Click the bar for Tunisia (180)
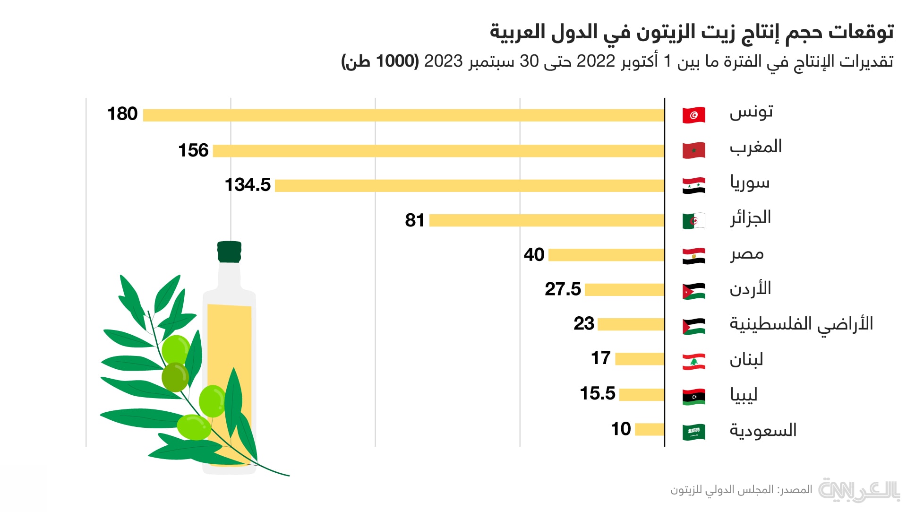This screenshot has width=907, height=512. point(403,115)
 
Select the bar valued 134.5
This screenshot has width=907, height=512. point(470,186)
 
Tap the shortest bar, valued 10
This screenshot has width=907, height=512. point(650,429)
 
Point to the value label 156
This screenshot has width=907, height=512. point(193,150)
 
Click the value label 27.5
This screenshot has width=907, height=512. point(563,289)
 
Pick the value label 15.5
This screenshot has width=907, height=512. point(598,393)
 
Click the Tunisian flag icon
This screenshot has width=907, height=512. point(693,115)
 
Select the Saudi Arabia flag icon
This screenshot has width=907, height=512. point(693,432)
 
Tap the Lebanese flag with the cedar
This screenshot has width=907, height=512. point(693,362)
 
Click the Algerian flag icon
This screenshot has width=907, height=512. point(693,220)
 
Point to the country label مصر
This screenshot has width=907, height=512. point(747,254)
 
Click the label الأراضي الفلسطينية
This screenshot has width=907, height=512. point(801,324)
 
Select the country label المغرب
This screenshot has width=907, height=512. point(755,147)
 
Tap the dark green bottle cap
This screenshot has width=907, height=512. point(230,252)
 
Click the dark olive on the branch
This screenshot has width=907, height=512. point(175,377)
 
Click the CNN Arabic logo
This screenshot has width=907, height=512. point(859,490)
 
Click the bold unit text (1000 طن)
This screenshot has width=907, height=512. point(380,61)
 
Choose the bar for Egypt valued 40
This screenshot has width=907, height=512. point(607,255)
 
